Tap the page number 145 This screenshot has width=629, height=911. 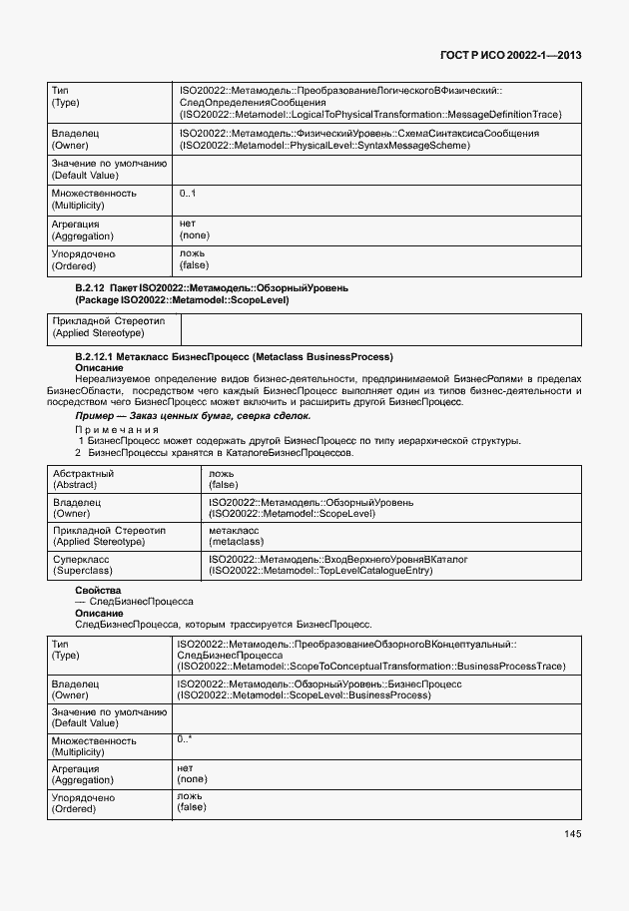571,834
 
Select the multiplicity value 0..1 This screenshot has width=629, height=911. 188,194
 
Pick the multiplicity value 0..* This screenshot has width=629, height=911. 185,739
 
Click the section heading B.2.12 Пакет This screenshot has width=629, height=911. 212,288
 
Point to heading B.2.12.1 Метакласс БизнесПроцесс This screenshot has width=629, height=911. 234,356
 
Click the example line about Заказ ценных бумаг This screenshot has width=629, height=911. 193,415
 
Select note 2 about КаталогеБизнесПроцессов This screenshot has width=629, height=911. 215,452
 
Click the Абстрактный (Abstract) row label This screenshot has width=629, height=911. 83,478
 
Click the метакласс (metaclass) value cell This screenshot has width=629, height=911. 235,536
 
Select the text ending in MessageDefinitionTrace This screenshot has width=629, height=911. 369,115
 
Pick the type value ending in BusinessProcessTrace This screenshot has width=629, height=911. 370,666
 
